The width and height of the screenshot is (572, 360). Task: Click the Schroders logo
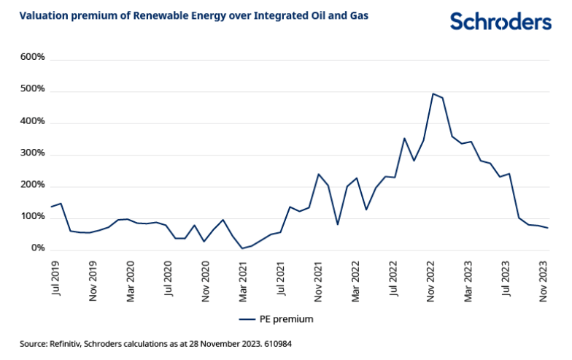coord(500,22)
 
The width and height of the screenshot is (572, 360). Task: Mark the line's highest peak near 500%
coord(433,93)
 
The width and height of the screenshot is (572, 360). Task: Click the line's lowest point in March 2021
coord(242,248)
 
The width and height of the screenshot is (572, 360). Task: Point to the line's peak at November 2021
coord(319,174)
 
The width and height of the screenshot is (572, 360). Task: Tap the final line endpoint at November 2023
coord(548,228)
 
